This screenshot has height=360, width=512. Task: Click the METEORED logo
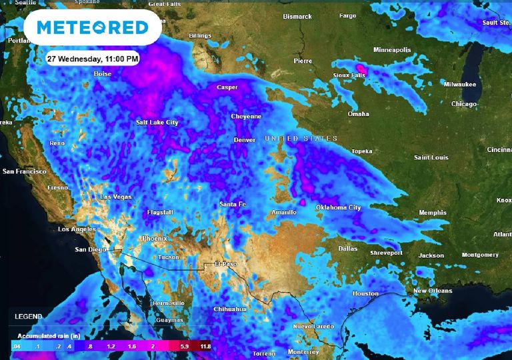(93, 27)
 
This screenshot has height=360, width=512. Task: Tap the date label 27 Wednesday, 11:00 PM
(93, 59)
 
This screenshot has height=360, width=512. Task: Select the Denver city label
(244, 140)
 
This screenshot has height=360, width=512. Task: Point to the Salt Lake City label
(157, 123)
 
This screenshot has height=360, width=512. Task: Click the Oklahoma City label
(338, 208)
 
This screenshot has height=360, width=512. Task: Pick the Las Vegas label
(115, 197)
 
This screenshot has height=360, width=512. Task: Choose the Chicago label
(463, 104)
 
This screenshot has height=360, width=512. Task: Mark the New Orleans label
(433, 291)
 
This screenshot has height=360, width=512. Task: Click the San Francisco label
(25, 171)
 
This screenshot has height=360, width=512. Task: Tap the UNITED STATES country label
(301, 139)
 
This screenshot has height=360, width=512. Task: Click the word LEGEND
(29, 316)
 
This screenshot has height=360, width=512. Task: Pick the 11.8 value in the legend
(205, 347)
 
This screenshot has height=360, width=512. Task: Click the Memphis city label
(432, 213)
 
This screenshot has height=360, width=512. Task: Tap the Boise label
(103, 74)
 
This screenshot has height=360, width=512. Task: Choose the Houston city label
(365, 293)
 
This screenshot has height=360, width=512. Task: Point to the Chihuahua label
(230, 309)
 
